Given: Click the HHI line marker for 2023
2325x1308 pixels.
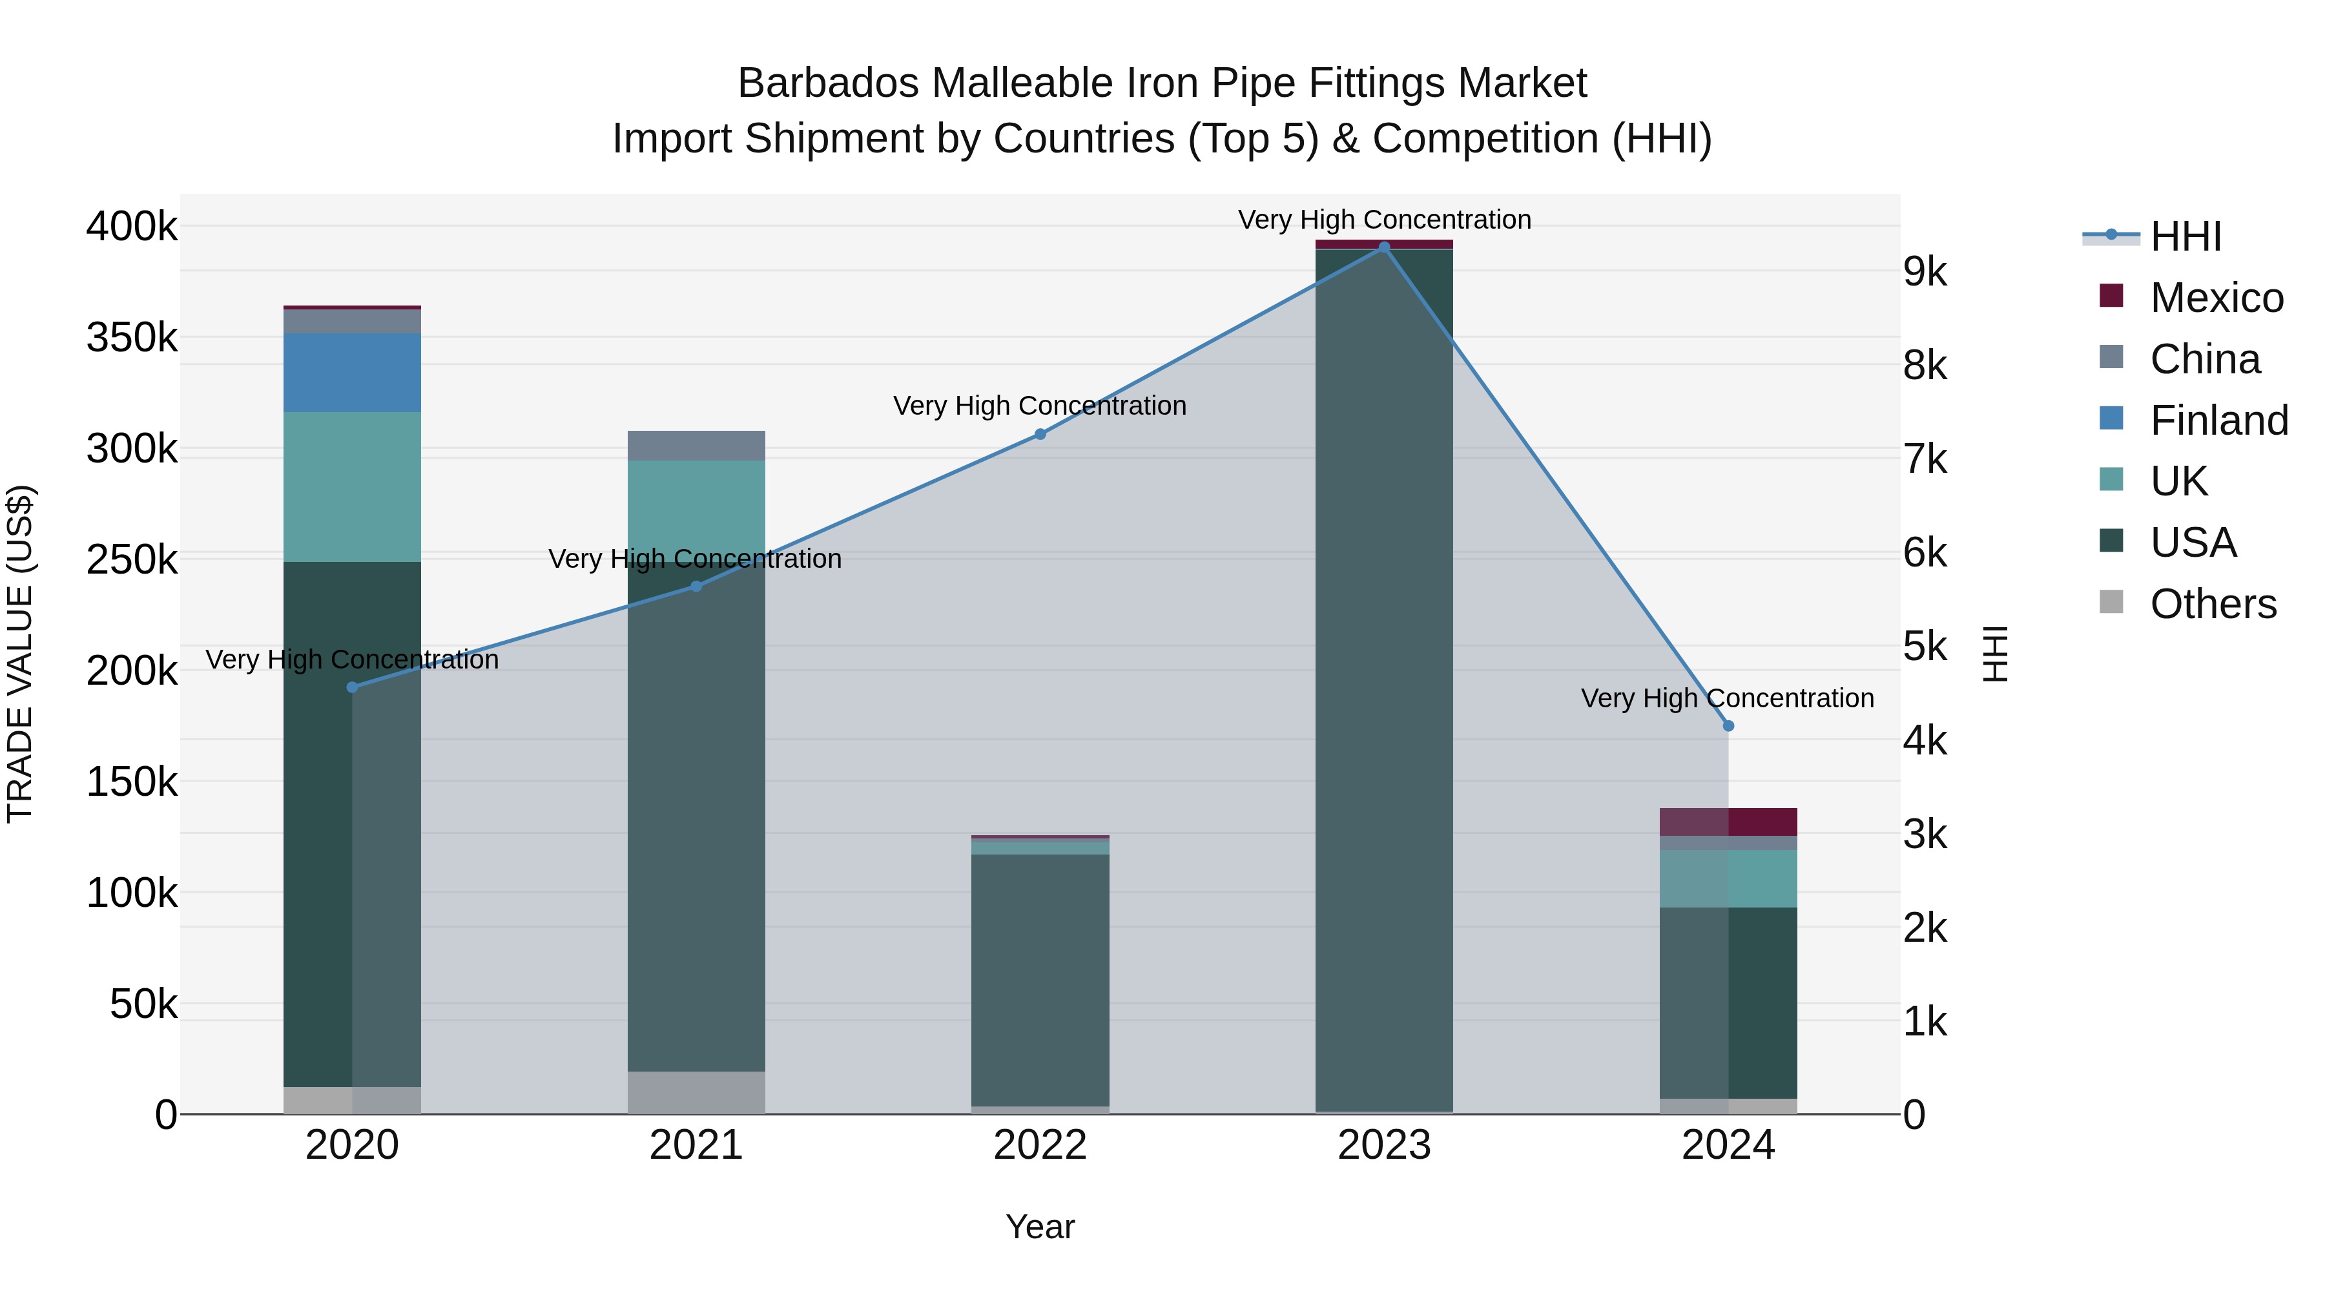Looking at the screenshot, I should coord(1383,247).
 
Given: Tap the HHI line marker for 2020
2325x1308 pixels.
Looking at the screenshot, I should coord(352,688).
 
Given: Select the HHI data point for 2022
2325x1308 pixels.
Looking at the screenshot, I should coord(1040,434).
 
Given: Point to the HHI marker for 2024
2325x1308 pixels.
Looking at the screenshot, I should coord(1728,726).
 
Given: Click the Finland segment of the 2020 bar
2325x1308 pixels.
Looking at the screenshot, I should coord(352,373).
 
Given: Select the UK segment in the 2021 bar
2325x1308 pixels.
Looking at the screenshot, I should coord(696,506).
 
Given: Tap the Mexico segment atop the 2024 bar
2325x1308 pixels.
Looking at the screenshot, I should coord(1728,822).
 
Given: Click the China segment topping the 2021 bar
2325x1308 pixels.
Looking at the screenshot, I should coord(696,446).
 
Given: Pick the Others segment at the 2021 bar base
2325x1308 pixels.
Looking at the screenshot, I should coord(696,1093).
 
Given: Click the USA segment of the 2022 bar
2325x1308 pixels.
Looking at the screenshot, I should coord(1040,979).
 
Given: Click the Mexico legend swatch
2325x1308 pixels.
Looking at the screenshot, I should coord(2112,296).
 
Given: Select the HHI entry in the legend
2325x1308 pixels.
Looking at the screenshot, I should coord(2184,236).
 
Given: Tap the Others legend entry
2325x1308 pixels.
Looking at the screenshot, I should coord(2212,604).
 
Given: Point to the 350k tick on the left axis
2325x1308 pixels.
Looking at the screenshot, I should coord(132,338).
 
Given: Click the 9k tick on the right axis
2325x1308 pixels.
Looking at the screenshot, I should coord(1925,272).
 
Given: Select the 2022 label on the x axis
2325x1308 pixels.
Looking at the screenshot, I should coord(1040,1145).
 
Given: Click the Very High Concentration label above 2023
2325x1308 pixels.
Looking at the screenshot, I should coord(1383,220).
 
